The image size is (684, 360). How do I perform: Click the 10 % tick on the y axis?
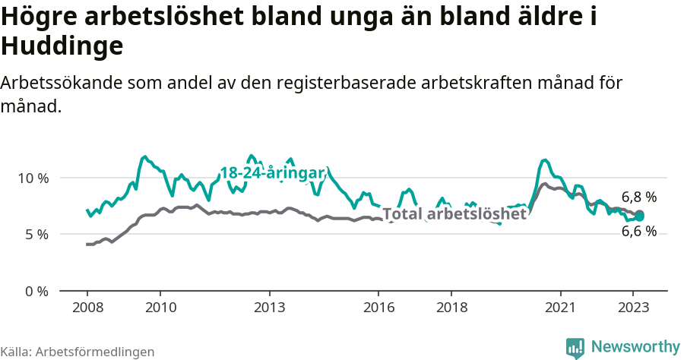(x=33, y=178)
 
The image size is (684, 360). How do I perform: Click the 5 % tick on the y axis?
(x=36, y=235)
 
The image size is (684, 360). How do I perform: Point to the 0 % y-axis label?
(x=36, y=291)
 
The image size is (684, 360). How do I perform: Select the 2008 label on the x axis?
(x=87, y=308)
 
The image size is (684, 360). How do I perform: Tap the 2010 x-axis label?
(x=160, y=308)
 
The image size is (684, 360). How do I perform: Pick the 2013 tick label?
(x=269, y=308)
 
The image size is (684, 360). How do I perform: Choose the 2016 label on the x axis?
(x=378, y=308)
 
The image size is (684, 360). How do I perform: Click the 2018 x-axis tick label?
(x=451, y=308)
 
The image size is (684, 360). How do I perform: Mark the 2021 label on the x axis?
(x=561, y=308)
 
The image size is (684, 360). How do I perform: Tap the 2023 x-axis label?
(x=633, y=308)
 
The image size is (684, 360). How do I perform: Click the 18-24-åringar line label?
(x=273, y=172)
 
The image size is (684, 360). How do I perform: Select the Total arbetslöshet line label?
(x=454, y=214)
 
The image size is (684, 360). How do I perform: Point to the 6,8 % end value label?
(x=638, y=197)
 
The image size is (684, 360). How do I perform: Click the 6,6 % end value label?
(x=638, y=232)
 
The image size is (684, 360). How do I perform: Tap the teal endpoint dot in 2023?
(x=640, y=216)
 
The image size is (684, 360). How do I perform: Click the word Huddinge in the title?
(x=62, y=47)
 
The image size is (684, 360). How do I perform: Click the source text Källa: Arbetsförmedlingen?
(x=78, y=352)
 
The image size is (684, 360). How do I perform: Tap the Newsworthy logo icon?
(x=575, y=347)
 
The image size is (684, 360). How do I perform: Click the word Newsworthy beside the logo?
(x=635, y=347)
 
